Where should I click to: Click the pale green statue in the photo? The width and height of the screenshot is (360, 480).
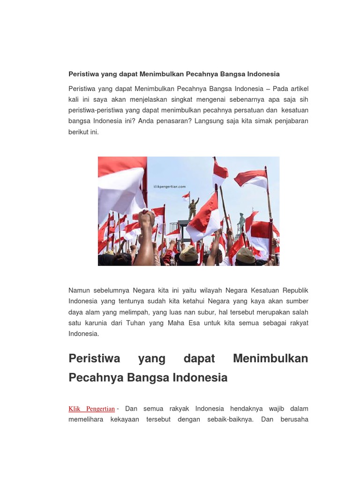coord(241,223)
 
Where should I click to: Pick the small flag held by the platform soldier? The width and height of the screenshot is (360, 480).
coord(186,196)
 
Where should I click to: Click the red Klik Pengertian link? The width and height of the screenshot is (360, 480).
coord(91,409)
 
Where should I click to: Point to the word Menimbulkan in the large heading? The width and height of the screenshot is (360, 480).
coord(270,359)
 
